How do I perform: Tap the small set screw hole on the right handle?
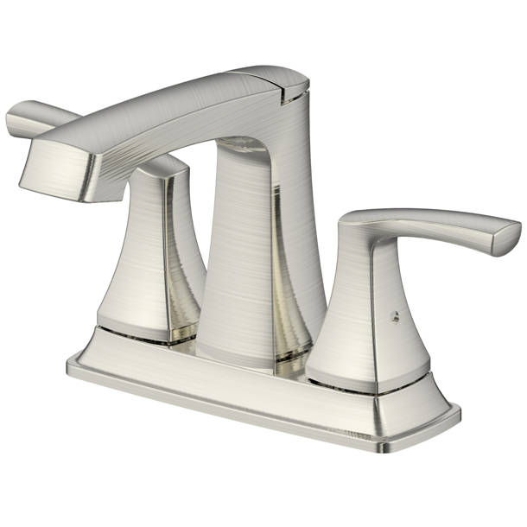pyautogui.click(x=394, y=316)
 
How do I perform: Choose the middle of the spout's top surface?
pyautogui.click(x=173, y=102)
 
